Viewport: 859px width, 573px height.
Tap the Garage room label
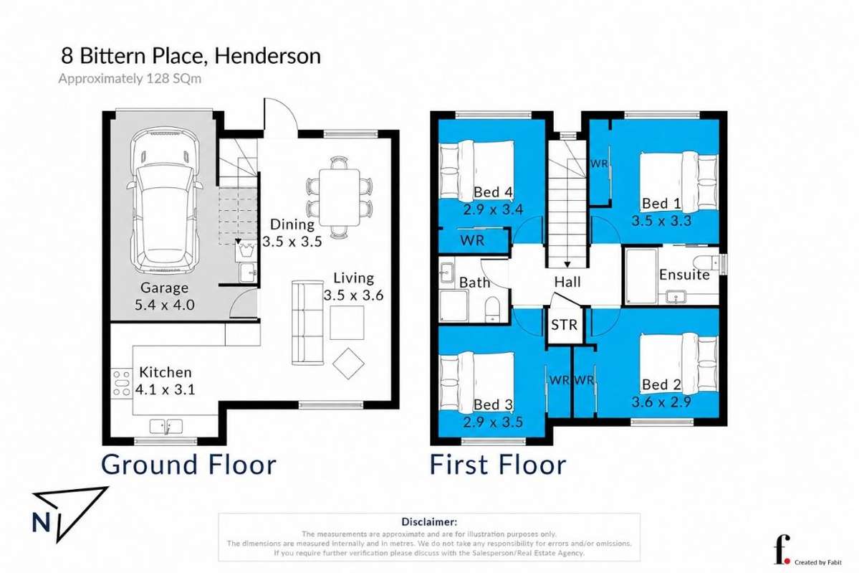(x=164, y=288)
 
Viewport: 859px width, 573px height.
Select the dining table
(x=340, y=197)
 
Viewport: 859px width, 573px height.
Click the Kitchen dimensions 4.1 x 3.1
(x=165, y=390)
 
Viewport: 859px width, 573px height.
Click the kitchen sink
(x=166, y=426)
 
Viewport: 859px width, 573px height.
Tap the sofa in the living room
(x=308, y=323)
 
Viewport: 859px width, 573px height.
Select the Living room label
(x=353, y=278)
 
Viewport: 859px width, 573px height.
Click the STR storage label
(x=564, y=325)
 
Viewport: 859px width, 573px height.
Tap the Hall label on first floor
(x=567, y=283)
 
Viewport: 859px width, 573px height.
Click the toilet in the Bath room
(x=492, y=310)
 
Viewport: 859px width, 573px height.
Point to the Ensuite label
(x=684, y=275)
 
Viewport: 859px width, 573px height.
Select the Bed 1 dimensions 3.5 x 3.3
(x=661, y=221)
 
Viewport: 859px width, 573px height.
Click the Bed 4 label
(x=493, y=192)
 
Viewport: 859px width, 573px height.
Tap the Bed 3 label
(x=493, y=404)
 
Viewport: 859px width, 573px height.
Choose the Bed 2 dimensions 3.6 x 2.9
(x=661, y=402)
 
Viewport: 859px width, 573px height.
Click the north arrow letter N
(x=41, y=522)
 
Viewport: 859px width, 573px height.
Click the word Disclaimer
(x=429, y=522)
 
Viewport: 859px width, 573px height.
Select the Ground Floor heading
(x=188, y=465)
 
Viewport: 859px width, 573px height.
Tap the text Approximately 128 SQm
(x=130, y=78)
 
